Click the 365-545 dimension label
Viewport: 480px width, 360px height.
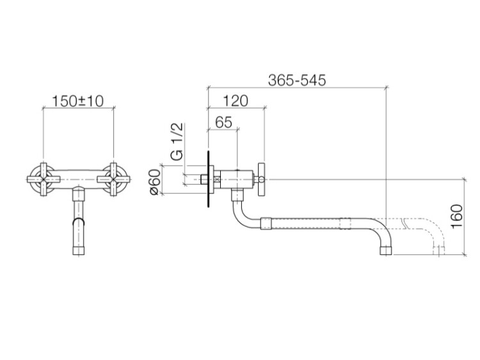pos(297,81)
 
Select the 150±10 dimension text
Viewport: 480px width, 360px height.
pos(78,101)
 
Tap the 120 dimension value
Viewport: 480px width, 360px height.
pos(236,101)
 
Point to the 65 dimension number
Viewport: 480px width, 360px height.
pos(224,122)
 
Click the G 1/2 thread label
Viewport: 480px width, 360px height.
pos(177,141)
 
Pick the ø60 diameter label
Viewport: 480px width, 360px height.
pos(156,182)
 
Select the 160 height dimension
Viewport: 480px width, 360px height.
pos(457,216)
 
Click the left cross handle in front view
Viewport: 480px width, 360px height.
pos(43,179)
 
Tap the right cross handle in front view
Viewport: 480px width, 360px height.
pos(114,179)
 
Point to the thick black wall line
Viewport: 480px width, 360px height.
pos(209,179)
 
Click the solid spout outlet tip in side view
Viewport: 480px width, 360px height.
pos(386,251)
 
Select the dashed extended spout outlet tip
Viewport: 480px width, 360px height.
pos(438,251)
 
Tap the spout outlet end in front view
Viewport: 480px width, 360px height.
pos(79,250)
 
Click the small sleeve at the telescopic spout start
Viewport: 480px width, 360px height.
pos(266,223)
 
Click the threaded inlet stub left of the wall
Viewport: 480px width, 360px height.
pos(204,179)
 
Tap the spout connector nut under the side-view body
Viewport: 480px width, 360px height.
pos(237,194)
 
